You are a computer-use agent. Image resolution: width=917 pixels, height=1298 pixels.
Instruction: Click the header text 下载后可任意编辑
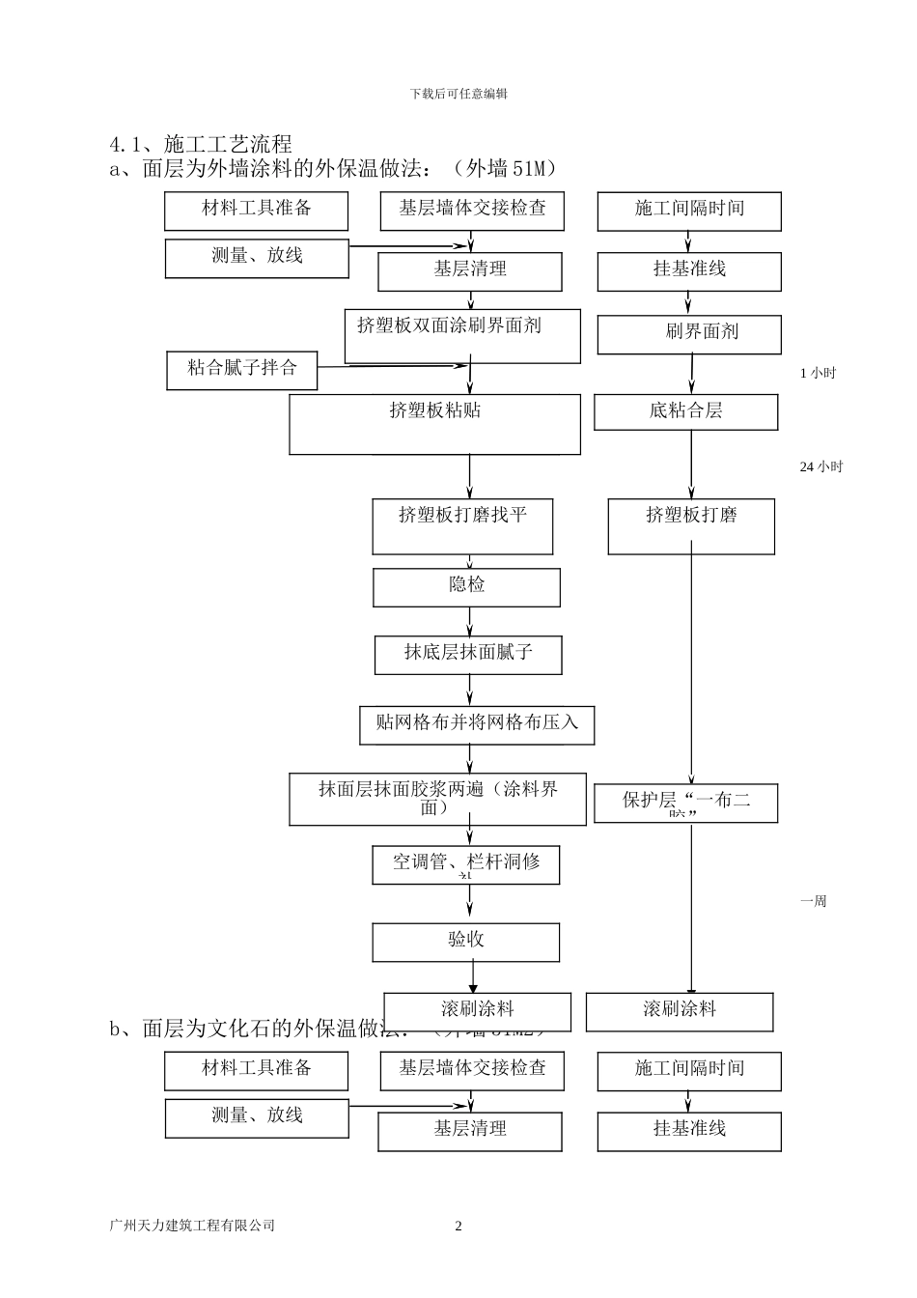pyautogui.click(x=458, y=94)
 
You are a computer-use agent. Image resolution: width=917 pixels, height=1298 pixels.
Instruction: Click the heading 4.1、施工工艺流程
pyautogui.click(x=201, y=145)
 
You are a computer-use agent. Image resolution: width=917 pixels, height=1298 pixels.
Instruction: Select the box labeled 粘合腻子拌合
pyautogui.click(x=241, y=369)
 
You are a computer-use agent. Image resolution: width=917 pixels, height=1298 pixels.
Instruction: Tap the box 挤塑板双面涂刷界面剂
pyautogui.click(x=462, y=335)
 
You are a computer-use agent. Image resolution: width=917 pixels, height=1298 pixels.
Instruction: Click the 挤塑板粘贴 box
pyautogui.click(x=434, y=423)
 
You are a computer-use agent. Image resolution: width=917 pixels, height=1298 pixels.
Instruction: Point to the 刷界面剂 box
pyautogui.click(x=689, y=334)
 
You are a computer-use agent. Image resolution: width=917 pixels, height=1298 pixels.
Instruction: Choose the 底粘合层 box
pyautogui.click(x=685, y=411)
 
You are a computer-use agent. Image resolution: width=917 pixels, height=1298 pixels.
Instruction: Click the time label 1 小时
pyautogui.click(x=818, y=374)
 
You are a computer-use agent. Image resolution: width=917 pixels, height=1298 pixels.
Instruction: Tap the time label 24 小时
pyautogui.click(x=820, y=467)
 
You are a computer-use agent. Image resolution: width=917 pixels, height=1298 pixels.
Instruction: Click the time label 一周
pyautogui.click(x=813, y=902)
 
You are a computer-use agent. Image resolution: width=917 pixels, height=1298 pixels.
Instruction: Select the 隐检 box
pyautogui.click(x=466, y=587)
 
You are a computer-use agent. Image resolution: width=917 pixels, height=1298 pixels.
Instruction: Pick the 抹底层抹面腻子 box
pyautogui.click(x=468, y=655)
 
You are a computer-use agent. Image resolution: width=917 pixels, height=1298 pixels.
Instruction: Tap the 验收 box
pyautogui.click(x=465, y=942)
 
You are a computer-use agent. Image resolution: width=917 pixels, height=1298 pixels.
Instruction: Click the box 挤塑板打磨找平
pyautogui.click(x=462, y=526)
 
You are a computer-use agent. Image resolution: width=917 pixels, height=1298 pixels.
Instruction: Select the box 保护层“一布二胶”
pyautogui.click(x=685, y=803)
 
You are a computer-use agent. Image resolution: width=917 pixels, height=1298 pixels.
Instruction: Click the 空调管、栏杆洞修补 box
pyautogui.click(x=465, y=864)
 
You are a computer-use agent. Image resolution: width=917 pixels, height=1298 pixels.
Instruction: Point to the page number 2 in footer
pyautogui.click(x=458, y=1227)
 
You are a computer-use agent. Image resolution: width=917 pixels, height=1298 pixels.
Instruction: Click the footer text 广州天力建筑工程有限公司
pyautogui.click(x=193, y=1226)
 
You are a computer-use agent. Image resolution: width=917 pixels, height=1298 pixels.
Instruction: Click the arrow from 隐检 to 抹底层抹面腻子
pyautogui.click(x=470, y=622)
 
